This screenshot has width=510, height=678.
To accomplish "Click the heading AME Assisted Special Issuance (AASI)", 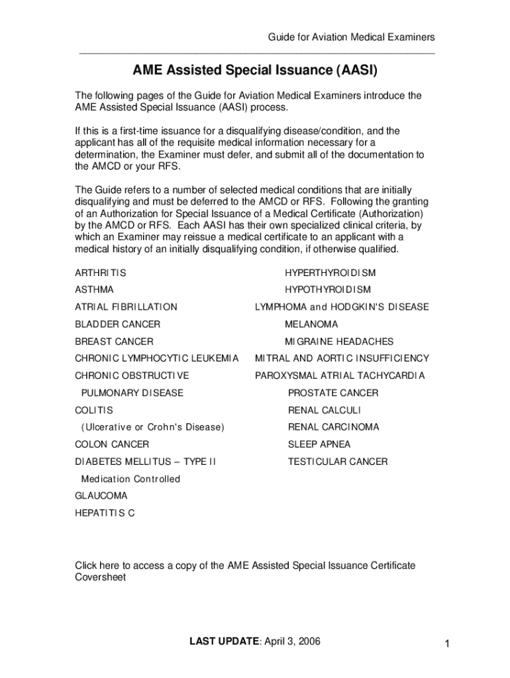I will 255,70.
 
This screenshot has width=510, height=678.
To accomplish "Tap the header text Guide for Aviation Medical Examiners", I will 351,37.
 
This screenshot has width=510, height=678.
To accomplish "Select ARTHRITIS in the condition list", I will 100,273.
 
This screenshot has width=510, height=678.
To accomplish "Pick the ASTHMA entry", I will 94,290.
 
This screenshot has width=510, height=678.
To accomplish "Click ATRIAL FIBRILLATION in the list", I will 126,307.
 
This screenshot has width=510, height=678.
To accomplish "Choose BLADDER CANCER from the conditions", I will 117,324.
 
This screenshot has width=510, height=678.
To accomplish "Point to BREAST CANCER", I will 114,342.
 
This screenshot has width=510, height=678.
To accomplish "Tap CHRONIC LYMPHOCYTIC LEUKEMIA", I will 156,359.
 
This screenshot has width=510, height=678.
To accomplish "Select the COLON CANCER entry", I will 112,444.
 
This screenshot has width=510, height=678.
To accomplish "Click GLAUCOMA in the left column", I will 101,496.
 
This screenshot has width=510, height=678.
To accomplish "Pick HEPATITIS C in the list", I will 105,513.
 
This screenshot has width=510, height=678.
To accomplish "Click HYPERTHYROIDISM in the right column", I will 330,273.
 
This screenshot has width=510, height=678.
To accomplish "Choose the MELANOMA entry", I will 311,324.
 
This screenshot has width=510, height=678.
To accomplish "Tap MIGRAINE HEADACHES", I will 339,342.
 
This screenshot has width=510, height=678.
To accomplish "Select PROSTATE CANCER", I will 333,393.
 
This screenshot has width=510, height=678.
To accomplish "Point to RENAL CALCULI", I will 325,411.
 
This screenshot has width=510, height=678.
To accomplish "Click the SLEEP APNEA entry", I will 319,444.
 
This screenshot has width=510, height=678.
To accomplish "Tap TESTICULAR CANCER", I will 338,461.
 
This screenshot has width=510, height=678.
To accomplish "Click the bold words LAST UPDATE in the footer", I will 224,641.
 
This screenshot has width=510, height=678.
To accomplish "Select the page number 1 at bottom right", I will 448,644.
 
